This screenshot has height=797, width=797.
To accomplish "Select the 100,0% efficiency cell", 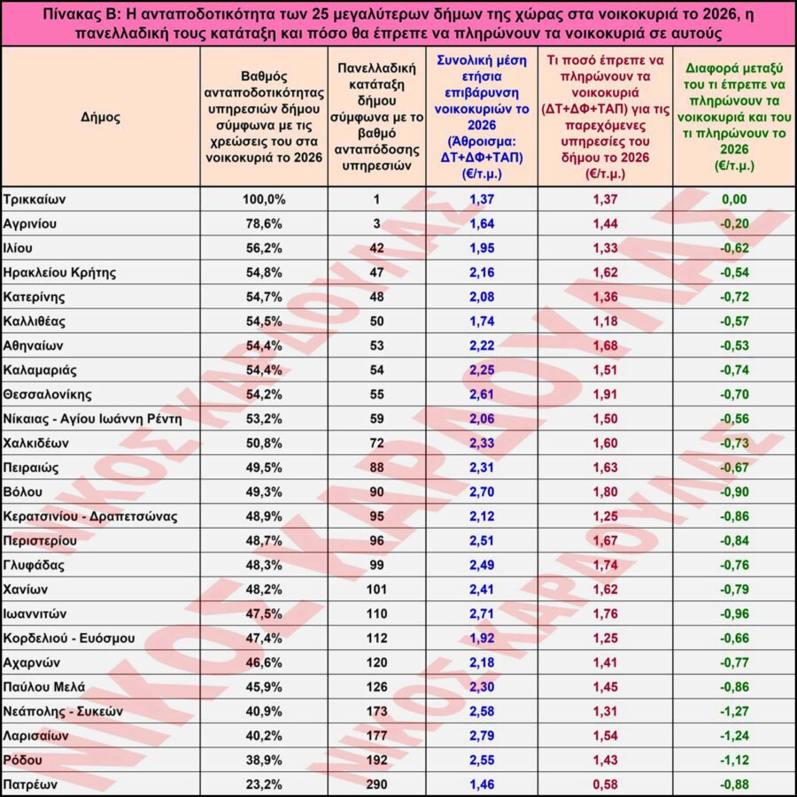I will (264, 199).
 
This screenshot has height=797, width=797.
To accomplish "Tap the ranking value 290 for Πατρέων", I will (376, 784).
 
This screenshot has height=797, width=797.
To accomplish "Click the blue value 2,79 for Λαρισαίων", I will (482, 735).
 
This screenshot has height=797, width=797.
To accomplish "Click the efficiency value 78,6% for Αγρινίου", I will (264, 223).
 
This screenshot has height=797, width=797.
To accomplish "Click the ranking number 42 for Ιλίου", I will (376, 248).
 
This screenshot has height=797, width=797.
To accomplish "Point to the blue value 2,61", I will (482, 394).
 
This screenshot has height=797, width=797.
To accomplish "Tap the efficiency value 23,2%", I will (264, 784).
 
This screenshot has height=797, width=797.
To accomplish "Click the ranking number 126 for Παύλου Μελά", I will (376, 686).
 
